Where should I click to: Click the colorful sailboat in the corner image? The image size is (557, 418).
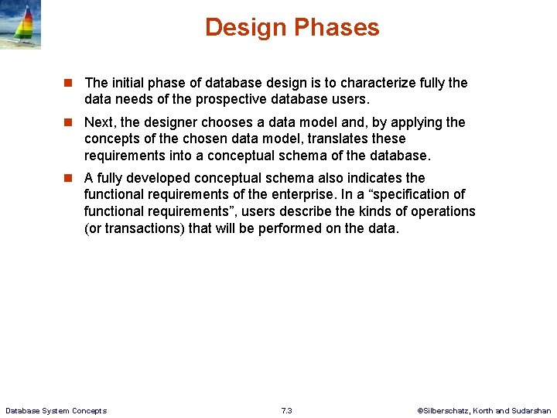click(x=25, y=28)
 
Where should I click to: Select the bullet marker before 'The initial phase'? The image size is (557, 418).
click(x=68, y=83)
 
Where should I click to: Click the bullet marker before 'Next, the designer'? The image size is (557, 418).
click(x=68, y=122)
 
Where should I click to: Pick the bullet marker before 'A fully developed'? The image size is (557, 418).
click(x=68, y=178)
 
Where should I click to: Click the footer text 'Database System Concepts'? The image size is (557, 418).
click(x=56, y=410)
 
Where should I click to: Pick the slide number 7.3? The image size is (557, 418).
click(x=286, y=410)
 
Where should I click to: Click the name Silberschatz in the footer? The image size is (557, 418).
click(x=449, y=410)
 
